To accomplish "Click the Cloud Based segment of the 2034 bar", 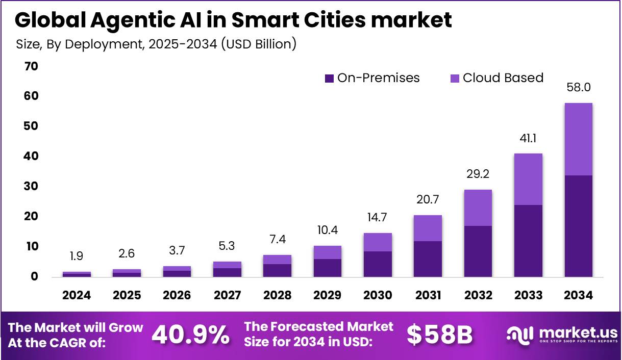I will [x=578, y=139].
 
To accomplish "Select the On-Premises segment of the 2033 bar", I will [x=528, y=241].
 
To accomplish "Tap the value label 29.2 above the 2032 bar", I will [x=478, y=173].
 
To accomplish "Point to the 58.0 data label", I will [x=578, y=87].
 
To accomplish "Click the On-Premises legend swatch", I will [x=329, y=79].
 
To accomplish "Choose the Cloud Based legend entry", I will [x=503, y=78].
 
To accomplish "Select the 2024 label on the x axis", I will [x=77, y=295].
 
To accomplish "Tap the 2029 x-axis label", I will [x=328, y=295].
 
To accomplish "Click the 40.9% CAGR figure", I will [x=191, y=335].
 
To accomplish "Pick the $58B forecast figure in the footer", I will [x=439, y=335].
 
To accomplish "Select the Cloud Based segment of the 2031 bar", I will [x=428, y=228].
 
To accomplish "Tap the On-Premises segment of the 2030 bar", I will [x=378, y=264].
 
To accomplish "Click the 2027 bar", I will [x=227, y=269].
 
